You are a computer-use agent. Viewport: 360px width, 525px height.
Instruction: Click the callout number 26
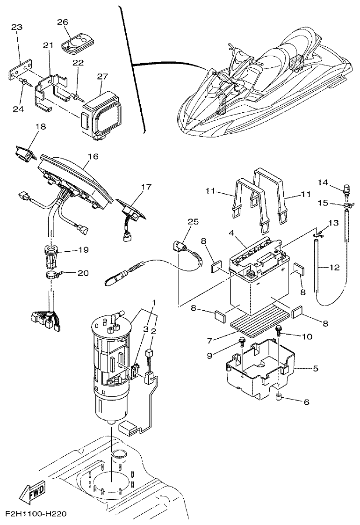[x=62, y=22]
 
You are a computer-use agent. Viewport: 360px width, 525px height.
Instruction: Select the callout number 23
[x=17, y=28]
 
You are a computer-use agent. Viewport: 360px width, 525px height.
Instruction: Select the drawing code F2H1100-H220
[x=33, y=514]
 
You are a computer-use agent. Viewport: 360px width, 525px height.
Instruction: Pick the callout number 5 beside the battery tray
[x=315, y=369]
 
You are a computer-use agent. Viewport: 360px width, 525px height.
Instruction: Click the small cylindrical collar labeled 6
[x=279, y=399]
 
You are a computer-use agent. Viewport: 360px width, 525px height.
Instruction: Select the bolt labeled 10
[x=278, y=330]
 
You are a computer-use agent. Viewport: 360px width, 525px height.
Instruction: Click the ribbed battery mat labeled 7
[x=252, y=321]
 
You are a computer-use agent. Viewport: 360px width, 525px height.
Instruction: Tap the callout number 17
[x=146, y=187]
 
